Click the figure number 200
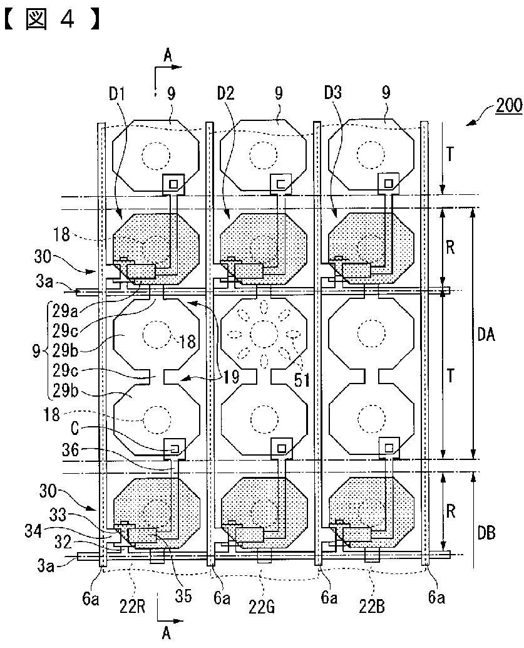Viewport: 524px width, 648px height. tap(509, 105)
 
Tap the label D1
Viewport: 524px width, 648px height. tap(116, 94)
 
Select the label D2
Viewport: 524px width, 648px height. tap(225, 93)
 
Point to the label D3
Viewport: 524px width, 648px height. tap(333, 93)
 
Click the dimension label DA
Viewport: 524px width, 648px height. tap(486, 334)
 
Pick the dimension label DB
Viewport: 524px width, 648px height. tap(486, 533)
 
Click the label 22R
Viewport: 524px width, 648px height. tap(131, 606)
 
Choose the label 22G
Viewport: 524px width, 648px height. tap(262, 607)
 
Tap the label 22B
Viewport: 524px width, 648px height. tap(371, 606)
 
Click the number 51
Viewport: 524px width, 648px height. tap(302, 379)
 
